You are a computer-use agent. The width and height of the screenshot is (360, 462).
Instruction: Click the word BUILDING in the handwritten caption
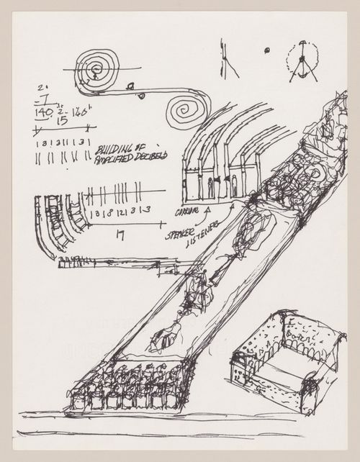116,150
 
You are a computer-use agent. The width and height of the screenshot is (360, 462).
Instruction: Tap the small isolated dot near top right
265,50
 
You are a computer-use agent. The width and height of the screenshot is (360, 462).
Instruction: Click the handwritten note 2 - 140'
78,112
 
